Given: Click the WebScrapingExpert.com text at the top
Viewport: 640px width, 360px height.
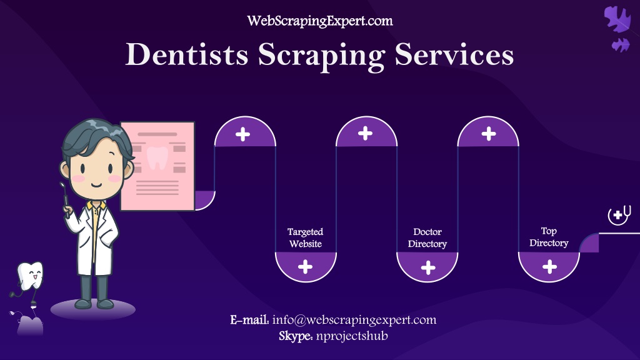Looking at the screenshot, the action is (320, 21).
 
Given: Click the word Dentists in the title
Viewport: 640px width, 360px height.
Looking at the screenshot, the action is (187, 54).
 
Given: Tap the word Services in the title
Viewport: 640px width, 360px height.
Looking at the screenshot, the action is (454, 54).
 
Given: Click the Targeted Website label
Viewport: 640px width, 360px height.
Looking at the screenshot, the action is (305, 237).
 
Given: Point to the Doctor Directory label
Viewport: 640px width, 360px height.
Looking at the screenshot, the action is (427, 237).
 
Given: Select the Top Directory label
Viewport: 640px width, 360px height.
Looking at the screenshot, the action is (549, 237).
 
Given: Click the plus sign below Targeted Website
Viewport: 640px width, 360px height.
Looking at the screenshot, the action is (305, 267).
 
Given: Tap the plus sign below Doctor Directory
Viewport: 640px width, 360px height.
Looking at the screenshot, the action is (427, 267).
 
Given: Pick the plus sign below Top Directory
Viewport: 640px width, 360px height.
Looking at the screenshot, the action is (549, 267).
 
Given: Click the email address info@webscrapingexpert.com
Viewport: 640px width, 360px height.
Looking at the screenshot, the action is (354, 319).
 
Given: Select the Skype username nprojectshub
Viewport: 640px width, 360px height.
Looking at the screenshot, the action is (352, 336).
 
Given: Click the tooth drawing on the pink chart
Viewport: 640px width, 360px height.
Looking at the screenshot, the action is (157, 157).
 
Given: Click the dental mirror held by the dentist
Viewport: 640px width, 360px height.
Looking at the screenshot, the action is (64, 198).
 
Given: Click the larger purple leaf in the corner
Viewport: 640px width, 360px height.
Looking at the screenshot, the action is (617, 19).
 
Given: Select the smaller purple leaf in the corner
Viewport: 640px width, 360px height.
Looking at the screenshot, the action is (621, 45).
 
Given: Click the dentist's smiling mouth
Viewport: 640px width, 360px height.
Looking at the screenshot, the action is (96, 184).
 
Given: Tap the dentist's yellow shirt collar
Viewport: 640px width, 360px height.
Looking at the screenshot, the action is (96, 206).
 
